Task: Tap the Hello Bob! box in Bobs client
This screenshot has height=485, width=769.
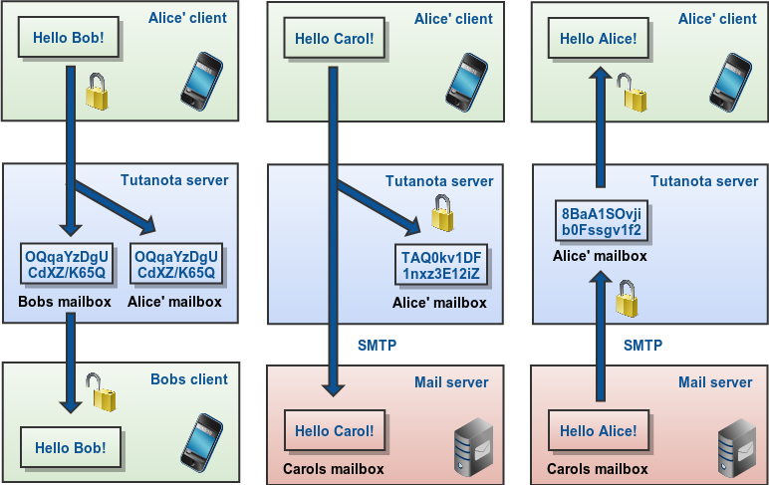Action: pyautogui.click(x=70, y=442)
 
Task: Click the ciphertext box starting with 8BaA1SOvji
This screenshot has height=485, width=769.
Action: pyautogui.click(x=601, y=221)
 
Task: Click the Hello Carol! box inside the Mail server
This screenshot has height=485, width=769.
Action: pyautogui.click(x=336, y=431)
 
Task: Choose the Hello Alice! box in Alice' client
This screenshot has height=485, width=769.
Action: pyautogui.click(x=599, y=39)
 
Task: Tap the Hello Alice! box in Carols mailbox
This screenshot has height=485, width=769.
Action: pyautogui.click(x=599, y=431)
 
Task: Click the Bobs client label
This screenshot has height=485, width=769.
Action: pyautogui.click(x=189, y=379)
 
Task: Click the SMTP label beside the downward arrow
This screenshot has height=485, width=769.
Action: pyautogui.click(x=377, y=346)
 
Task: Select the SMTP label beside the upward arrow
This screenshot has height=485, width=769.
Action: pyautogui.click(x=643, y=346)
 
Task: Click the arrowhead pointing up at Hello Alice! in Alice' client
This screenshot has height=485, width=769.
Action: pyautogui.click(x=601, y=77)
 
